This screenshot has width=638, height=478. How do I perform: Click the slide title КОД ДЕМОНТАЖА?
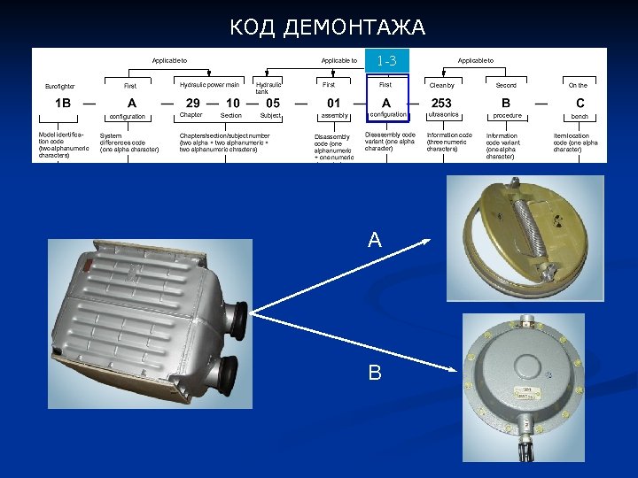click(327, 27)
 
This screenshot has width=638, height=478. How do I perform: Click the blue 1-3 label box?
click(386, 61)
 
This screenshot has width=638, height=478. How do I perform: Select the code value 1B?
click(63, 103)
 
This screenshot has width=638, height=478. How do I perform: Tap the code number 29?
click(192, 103)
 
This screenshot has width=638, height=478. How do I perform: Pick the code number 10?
click(232, 103)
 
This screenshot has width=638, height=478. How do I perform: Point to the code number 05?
click(273, 103)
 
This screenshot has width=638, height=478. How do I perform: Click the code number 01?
click(333, 103)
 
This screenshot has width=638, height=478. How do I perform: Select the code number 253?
click(441, 103)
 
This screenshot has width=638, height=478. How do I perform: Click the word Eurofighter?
click(60, 86)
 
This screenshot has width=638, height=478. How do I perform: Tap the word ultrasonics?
click(442, 115)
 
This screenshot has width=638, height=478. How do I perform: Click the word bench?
click(580, 116)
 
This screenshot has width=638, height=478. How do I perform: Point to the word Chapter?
click(191, 115)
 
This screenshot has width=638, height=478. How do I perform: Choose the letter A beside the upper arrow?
click(375, 240)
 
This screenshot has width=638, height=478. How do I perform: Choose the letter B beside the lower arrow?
click(375, 374)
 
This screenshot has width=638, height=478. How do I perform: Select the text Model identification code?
click(63, 145)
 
